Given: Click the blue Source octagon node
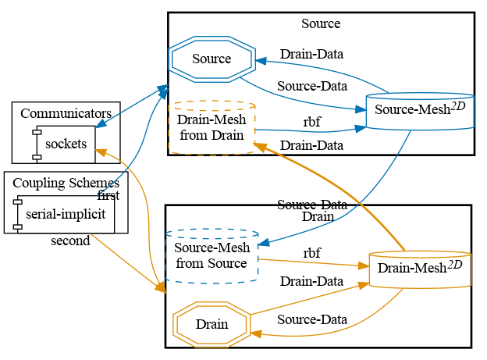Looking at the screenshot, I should [x=212, y=59].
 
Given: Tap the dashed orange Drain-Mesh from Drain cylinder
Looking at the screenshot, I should [x=212, y=127].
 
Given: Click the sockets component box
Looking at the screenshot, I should [x=66, y=144].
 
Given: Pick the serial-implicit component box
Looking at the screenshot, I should [x=66, y=214].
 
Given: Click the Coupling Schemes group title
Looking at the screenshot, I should [x=66, y=184].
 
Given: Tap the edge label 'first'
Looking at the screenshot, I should [x=108, y=195].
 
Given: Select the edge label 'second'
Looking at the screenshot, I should [x=70, y=241].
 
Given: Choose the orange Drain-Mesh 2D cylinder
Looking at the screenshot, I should [x=420, y=269].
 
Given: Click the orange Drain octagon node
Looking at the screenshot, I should [x=212, y=324].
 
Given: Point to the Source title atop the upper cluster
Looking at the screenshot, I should [x=321, y=23].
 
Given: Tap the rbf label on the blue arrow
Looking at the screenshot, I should [x=311, y=122].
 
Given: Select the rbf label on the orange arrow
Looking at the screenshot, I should [x=311, y=253].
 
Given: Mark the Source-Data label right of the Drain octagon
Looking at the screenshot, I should [x=311, y=319].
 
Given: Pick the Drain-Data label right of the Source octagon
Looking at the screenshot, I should [x=311, y=55].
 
